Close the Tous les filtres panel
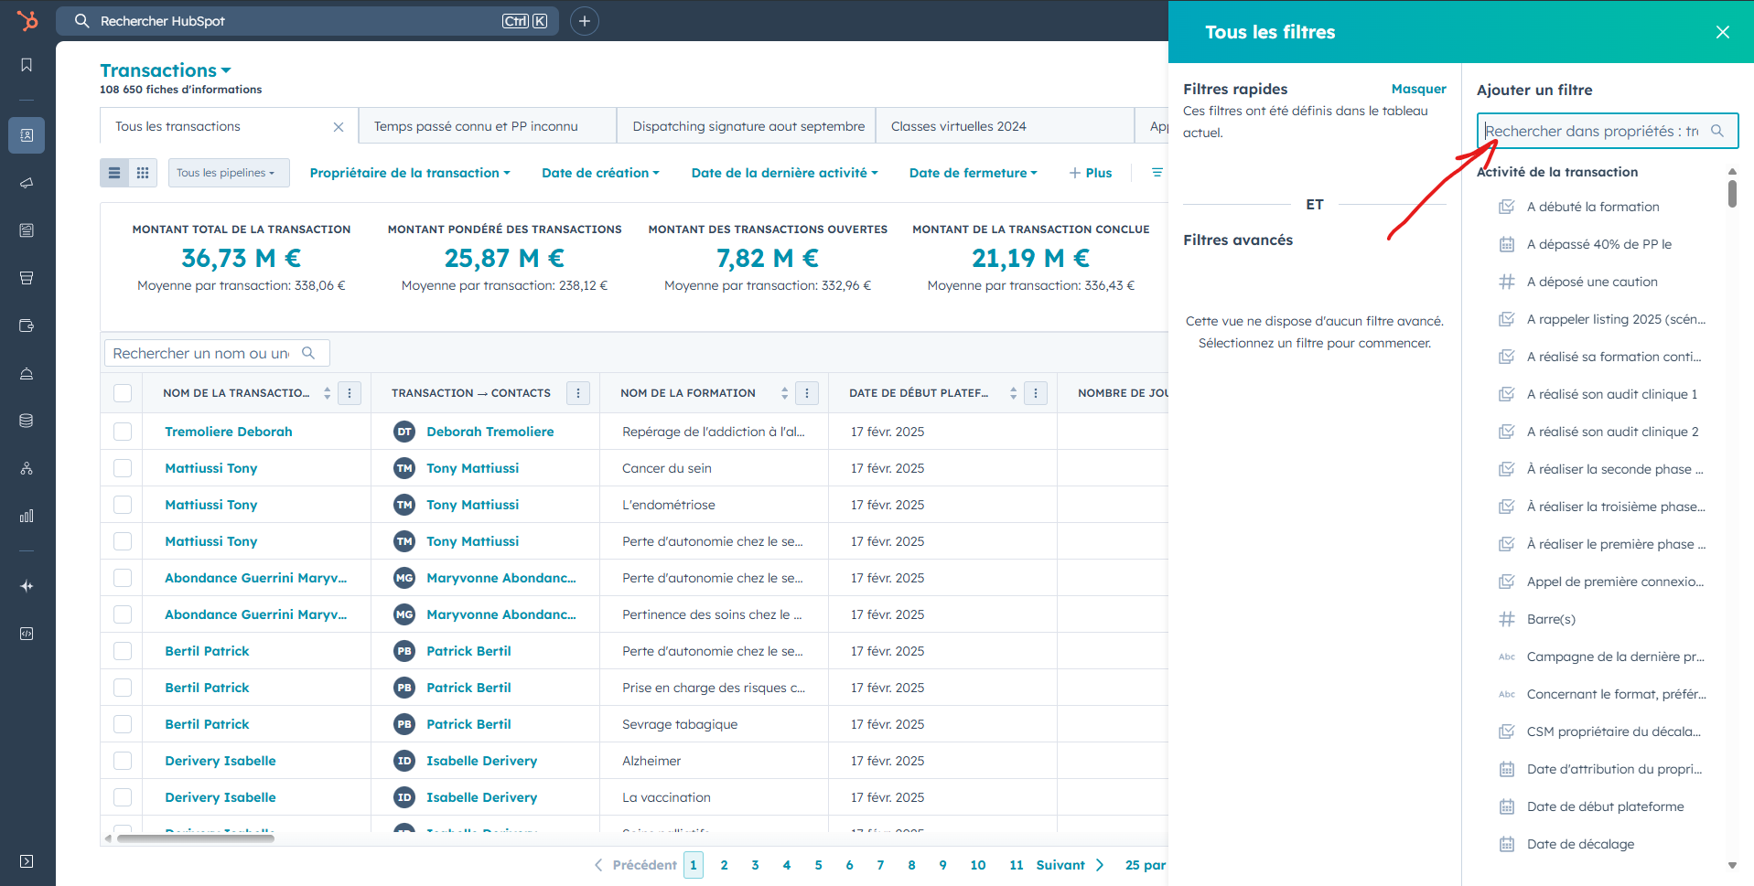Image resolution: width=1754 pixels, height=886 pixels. pyautogui.click(x=1722, y=32)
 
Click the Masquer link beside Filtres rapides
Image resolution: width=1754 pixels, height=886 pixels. pyautogui.click(x=1418, y=89)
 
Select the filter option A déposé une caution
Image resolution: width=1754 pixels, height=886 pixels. pyautogui.click(x=1591, y=282)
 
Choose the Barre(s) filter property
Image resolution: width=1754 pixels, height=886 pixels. pyautogui.click(x=1551, y=619)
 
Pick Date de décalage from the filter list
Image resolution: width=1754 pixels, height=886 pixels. pyautogui.click(x=1580, y=844)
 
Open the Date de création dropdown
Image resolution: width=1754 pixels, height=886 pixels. pyautogui.click(x=600, y=173)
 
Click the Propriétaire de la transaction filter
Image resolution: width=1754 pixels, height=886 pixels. pyautogui.click(x=410, y=173)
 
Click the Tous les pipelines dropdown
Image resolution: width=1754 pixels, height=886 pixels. pyautogui.click(x=229, y=173)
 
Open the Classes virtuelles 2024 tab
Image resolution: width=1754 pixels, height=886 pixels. pyautogui.click(x=958, y=126)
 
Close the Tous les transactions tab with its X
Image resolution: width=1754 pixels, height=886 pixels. pyautogui.click(x=339, y=127)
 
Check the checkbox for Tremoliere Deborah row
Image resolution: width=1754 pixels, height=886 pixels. pyautogui.click(x=123, y=432)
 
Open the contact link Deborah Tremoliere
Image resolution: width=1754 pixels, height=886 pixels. pyautogui.click(x=490, y=432)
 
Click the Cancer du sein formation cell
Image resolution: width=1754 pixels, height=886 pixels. pyautogui.click(x=666, y=468)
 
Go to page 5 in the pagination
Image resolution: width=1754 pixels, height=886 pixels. pyautogui.click(x=818, y=865)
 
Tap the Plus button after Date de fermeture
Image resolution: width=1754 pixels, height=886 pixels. pyautogui.click(x=1091, y=173)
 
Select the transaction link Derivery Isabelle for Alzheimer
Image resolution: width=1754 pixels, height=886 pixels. pyautogui.click(x=220, y=761)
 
